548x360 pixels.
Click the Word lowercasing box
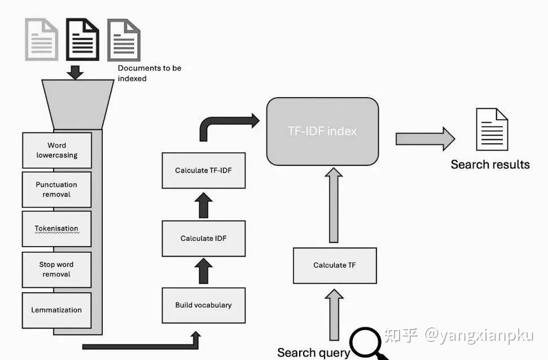pos(57,150)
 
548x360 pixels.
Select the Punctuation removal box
pos(56,190)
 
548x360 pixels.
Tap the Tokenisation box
pos(56,229)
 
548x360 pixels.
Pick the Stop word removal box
pos(56,270)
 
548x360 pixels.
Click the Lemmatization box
pos(56,310)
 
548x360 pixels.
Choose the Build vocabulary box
pos(203,305)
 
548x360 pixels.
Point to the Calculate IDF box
pos(203,238)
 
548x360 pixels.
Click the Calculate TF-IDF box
pos(203,170)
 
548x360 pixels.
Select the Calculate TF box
pos(335,266)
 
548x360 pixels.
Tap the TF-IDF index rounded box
pos(323,131)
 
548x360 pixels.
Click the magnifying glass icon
pos(366,342)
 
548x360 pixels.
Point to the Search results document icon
pos(492,129)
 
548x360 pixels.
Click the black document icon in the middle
pos(82,39)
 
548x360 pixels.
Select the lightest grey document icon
pos(42,39)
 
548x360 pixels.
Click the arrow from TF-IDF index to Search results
pos(426,139)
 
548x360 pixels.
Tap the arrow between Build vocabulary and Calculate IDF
pos(203,271)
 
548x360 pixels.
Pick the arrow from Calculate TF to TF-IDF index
pos(334,205)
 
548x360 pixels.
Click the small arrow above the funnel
pos(75,72)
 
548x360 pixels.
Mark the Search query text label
pos(313,353)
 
